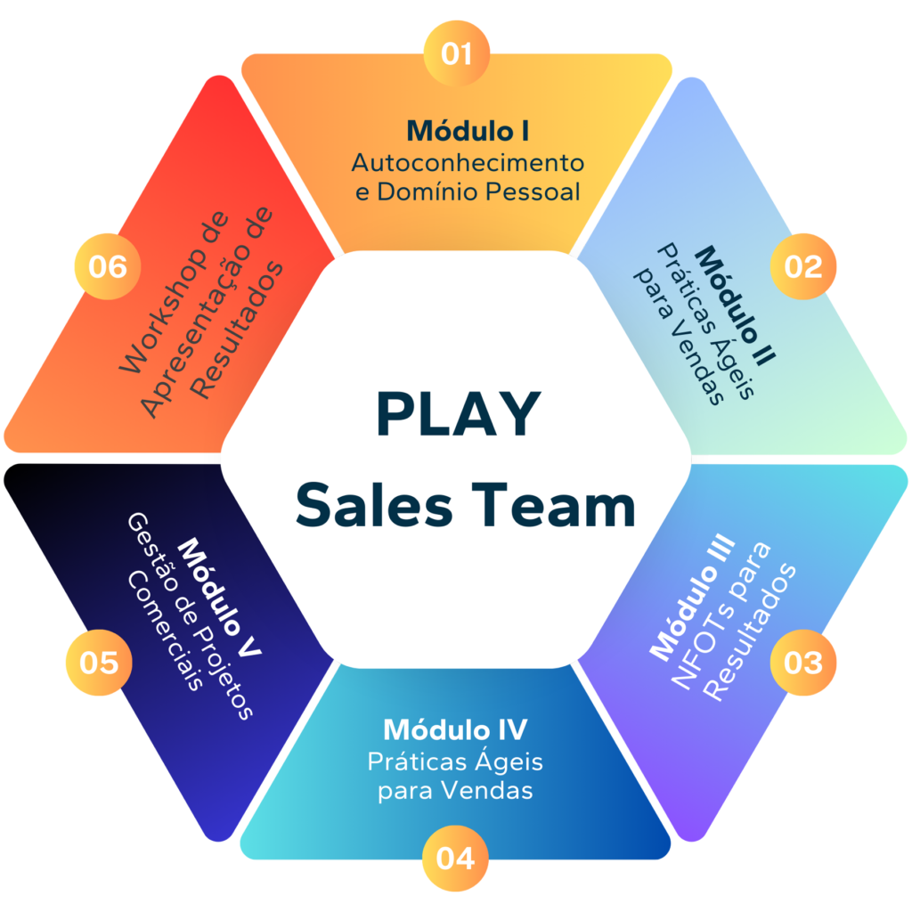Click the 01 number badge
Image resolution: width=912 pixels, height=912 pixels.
click(456, 53)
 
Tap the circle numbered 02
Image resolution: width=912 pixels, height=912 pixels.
click(803, 266)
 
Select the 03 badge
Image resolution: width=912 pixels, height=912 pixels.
click(803, 663)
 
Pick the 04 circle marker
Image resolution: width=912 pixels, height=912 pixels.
click(455, 859)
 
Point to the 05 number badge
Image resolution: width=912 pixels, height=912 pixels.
click(98, 663)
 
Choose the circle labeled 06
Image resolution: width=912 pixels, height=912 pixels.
click(107, 266)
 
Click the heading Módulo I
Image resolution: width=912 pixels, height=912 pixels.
click(468, 131)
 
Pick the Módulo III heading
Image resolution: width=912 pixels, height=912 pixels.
click(693, 598)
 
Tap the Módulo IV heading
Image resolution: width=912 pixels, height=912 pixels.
click(455, 729)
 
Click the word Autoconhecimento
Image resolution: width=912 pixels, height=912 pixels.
click(468, 163)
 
